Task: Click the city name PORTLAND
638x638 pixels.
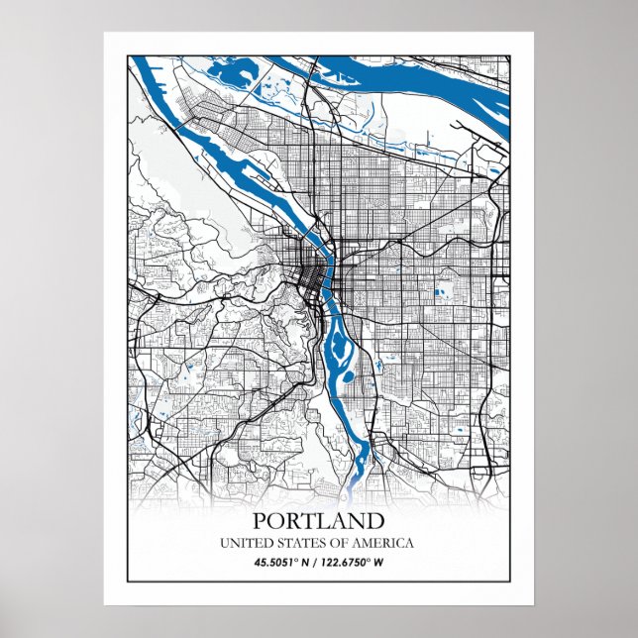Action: pos(318,520)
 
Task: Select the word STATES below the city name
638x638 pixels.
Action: pos(298,543)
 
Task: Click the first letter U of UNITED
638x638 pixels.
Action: pos(225,543)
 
